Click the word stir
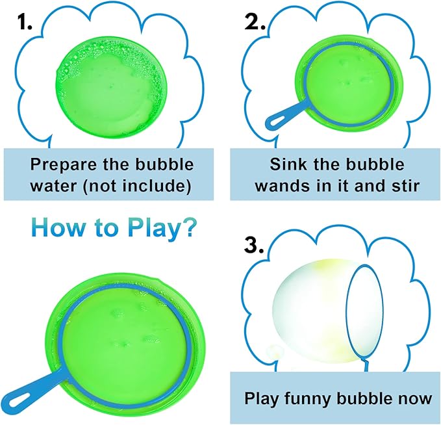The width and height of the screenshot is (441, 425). click(x=407, y=185)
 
